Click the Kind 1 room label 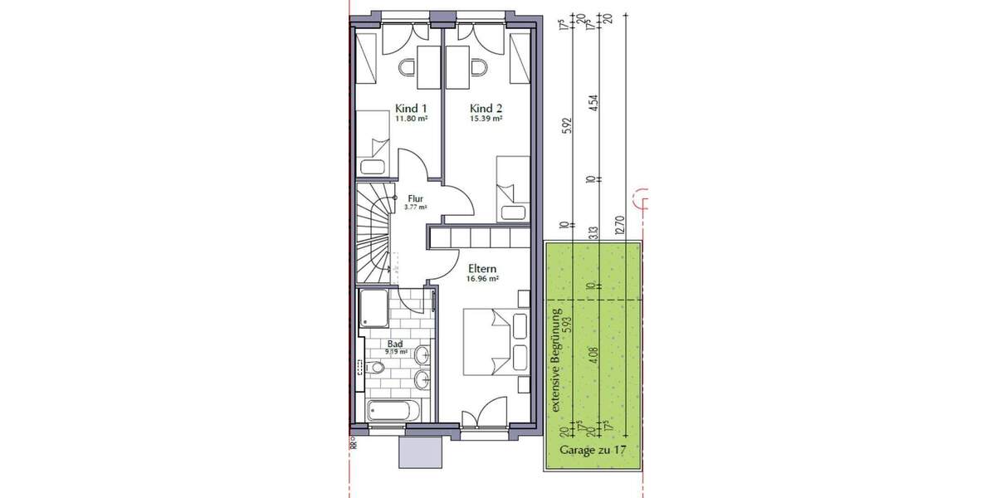point(412,109)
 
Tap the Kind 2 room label point(486,109)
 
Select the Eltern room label point(482,268)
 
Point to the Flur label point(416,198)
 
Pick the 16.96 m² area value point(482,279)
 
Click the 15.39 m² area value point(486,119)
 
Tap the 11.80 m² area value point(411,119)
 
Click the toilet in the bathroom point(375,368)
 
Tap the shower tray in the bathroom point(376,310)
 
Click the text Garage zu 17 point(591,451)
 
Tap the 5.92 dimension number point(564,129)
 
